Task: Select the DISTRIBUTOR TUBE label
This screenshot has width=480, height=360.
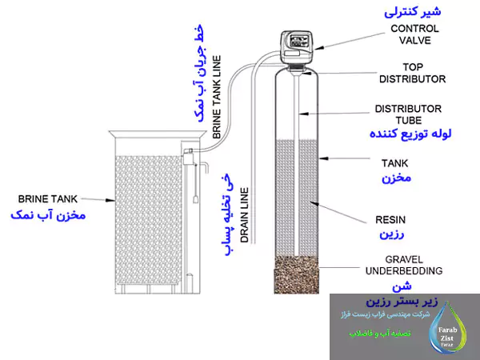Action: tap(409, 114)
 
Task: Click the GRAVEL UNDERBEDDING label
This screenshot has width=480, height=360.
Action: tap(398, 265)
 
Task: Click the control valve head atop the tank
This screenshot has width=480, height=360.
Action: tap(297, 46)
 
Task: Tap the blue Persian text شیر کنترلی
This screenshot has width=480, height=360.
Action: tap(413, 13)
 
